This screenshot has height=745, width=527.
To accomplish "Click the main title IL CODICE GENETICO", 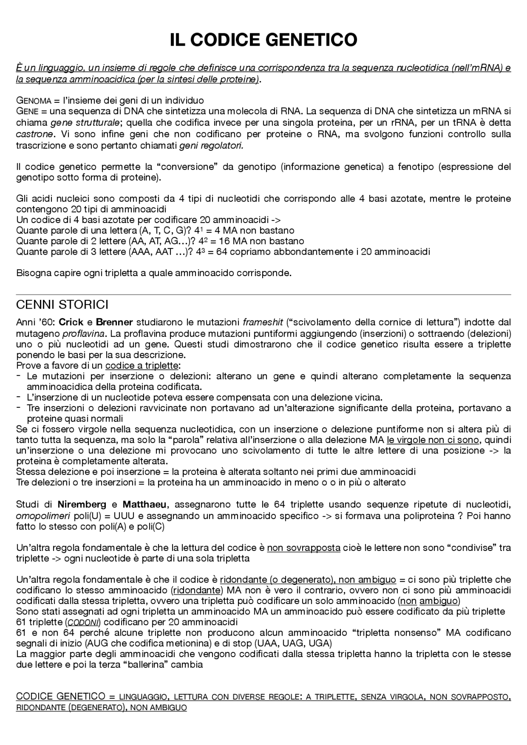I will click(x=263, y=40).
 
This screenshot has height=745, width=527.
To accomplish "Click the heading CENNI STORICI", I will click(x=62, y=305).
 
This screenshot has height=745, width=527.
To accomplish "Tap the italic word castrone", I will click(x=34, y=134).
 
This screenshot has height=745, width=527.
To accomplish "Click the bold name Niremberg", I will click(x=82, y=504).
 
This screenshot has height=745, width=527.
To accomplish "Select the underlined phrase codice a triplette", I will click(x=142, y=365).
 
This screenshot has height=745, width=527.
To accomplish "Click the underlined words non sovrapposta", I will click(x=303, y=548).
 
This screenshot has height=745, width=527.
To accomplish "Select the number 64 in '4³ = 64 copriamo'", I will click(x=222, y=251).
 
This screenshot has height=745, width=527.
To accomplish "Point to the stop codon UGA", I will click(x=320, y=643).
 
